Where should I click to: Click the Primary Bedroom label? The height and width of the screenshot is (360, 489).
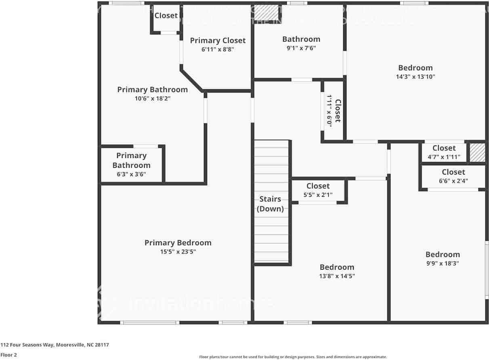[178, 243]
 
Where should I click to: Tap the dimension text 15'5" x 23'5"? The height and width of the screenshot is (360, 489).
[178, 252]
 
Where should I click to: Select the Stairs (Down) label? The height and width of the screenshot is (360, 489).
[271, 204]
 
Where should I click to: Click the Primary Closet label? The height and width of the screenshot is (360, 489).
[218, 40]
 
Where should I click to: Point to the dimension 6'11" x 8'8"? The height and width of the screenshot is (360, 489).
[218, 49]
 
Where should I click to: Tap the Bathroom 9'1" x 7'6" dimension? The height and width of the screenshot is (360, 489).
[301, 48]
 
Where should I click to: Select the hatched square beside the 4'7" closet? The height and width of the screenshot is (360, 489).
[477, 153]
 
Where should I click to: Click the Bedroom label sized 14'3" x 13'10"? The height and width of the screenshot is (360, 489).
[415, 68]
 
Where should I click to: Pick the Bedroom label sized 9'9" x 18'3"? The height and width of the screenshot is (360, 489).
[443, 255]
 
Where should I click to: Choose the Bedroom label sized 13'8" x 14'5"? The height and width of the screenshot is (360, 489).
[337, 267]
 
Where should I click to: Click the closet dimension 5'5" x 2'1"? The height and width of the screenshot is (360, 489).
[318, 195]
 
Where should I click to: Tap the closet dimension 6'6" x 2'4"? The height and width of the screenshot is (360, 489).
[453, 181]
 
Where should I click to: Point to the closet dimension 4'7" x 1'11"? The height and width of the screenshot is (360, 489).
[444, 157]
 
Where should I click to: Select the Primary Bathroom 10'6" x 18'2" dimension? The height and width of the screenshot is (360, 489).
[152, 98]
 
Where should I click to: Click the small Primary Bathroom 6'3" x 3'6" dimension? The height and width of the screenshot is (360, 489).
[131, 174]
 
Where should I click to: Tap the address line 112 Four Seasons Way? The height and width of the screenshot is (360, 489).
[55, 345]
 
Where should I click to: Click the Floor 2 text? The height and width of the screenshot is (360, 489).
[8, 355]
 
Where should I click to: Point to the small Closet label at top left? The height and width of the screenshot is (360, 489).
[166, 16]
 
